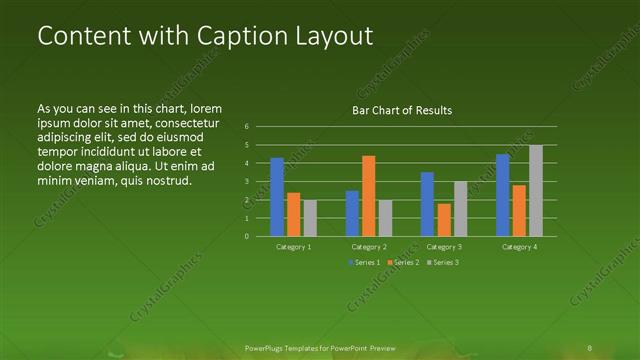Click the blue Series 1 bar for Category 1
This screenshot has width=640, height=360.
click(277, 197)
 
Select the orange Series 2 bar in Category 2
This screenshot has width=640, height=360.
click(368, 196)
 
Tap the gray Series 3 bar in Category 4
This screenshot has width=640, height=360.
click(536, 191)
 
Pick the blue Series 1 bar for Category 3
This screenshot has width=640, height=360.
click(427, 204)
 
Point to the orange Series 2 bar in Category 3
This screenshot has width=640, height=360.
click(443, 220)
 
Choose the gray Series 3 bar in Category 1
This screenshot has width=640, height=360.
click(309, 218)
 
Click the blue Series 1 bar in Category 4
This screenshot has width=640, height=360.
click(503, 195)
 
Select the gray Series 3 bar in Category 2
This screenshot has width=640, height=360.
click(385, 218)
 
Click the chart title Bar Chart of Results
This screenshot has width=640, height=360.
click(402, 110)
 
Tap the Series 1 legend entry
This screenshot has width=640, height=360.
click(364, 262)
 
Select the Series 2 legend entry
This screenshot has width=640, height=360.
click(402, 262)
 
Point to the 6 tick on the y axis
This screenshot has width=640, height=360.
click(247, 127)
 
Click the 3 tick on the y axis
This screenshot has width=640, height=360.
click(247, 182)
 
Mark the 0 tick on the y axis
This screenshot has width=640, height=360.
click(247, 237)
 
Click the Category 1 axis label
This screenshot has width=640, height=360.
click(294, 246)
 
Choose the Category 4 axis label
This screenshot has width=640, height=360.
click(519, 246)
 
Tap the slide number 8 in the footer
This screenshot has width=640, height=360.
click(590, 347)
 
